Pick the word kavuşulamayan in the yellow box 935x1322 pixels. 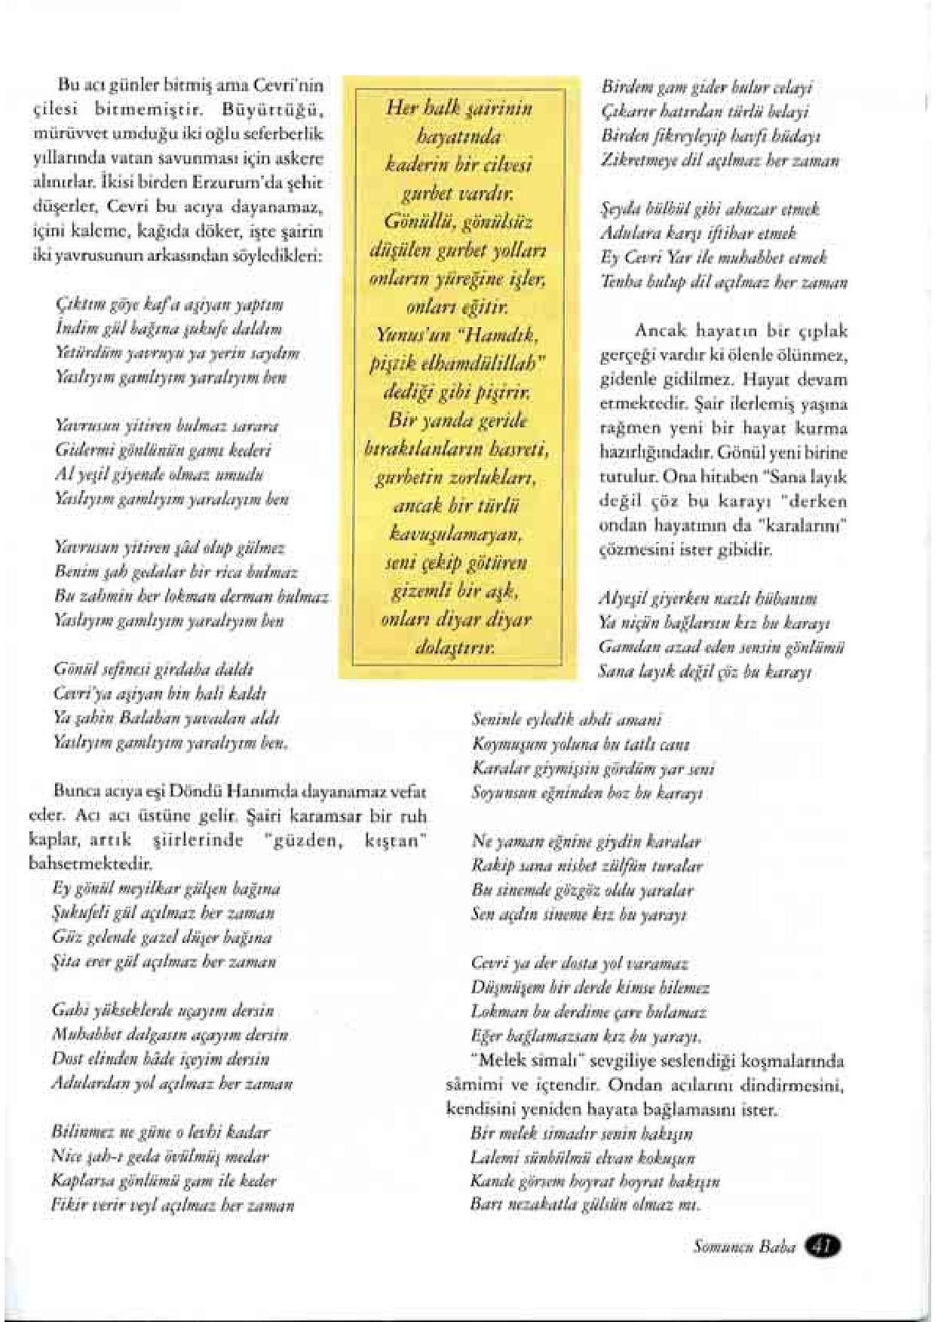pos(461,537)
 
